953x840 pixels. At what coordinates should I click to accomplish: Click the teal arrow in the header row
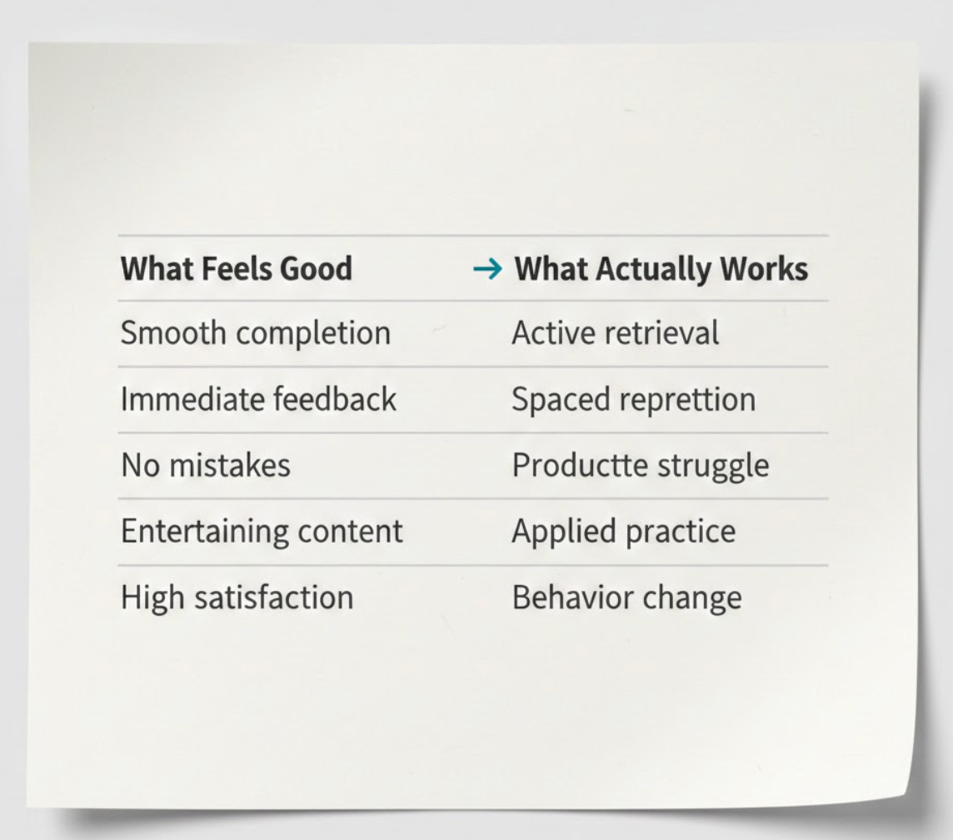pyautogui.click(x=487, y=268)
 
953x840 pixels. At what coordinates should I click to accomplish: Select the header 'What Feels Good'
pyautogui.click(x=237, y=268)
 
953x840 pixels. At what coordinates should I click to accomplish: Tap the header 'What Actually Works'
pyautogui.click(x=661, y=268)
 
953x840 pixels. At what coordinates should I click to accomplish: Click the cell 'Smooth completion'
pyautogui.click(x=256, y=333)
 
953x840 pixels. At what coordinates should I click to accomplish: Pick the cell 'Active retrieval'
pyautogui.click(x=615, y=333)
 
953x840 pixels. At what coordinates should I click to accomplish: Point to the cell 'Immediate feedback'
pyautogui.click(x=258, y=399)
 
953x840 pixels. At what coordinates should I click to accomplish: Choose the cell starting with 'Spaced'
pyautogui.click(x=633, y=399)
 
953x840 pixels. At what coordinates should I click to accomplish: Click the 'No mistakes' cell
pyautogui.click(x=206, y=465)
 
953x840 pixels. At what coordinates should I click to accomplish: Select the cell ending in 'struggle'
pyautogui.click(x=640, y=465)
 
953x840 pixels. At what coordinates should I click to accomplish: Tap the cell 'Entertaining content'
pyautogui.click(x=262, y=531)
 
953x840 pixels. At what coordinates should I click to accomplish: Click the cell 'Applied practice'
pyautogui.click(x=623, y=531)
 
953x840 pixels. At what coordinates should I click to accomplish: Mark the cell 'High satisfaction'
pyautogui.click(x=237, y=597)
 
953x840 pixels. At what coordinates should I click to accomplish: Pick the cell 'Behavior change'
pyautogui.click(x=626, y=597)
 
